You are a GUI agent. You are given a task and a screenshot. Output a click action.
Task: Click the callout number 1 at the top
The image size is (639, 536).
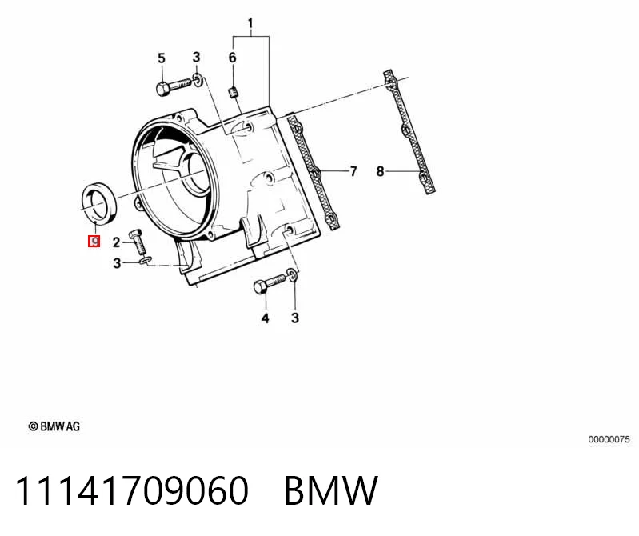(x=250, y=24)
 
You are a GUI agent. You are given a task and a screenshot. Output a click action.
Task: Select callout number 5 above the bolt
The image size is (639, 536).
(x=162, y=58)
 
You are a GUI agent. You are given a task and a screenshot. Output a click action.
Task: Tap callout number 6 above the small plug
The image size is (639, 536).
(x=232, y=58)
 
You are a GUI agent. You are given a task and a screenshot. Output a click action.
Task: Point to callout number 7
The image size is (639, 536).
(x=353, y=171)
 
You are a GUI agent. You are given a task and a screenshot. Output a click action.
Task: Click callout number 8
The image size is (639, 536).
(x=380, y=171)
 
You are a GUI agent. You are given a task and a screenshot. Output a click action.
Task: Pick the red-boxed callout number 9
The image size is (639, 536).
(x=94, y=242)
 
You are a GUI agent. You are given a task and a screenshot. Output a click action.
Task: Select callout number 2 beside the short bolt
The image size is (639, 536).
(x=116, y=242)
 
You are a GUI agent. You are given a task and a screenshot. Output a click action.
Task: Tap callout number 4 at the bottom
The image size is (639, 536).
(x=266, y=318)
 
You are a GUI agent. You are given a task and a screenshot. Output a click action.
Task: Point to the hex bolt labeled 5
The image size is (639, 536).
(x=174, y=86)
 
